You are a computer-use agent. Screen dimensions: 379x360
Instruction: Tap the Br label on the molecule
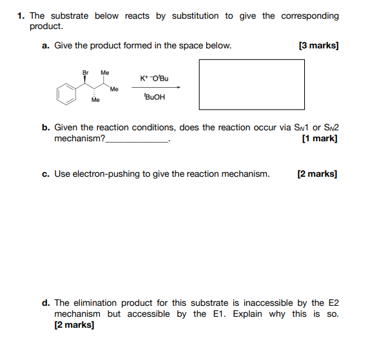click(85, 72)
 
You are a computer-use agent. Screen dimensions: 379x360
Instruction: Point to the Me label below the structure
click(95, 101)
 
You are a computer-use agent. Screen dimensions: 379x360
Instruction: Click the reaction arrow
click(156, 88)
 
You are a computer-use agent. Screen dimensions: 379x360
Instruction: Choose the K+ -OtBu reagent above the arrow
click(154, 78)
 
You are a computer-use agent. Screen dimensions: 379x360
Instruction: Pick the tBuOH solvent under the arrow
click(155, 98)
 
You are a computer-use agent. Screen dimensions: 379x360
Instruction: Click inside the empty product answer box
click(251, 84)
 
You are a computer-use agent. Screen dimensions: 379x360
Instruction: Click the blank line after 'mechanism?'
click(136, 139)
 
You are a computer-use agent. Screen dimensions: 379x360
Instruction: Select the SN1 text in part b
click(296, 127)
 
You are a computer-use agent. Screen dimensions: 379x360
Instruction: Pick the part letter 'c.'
click(46, 174)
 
